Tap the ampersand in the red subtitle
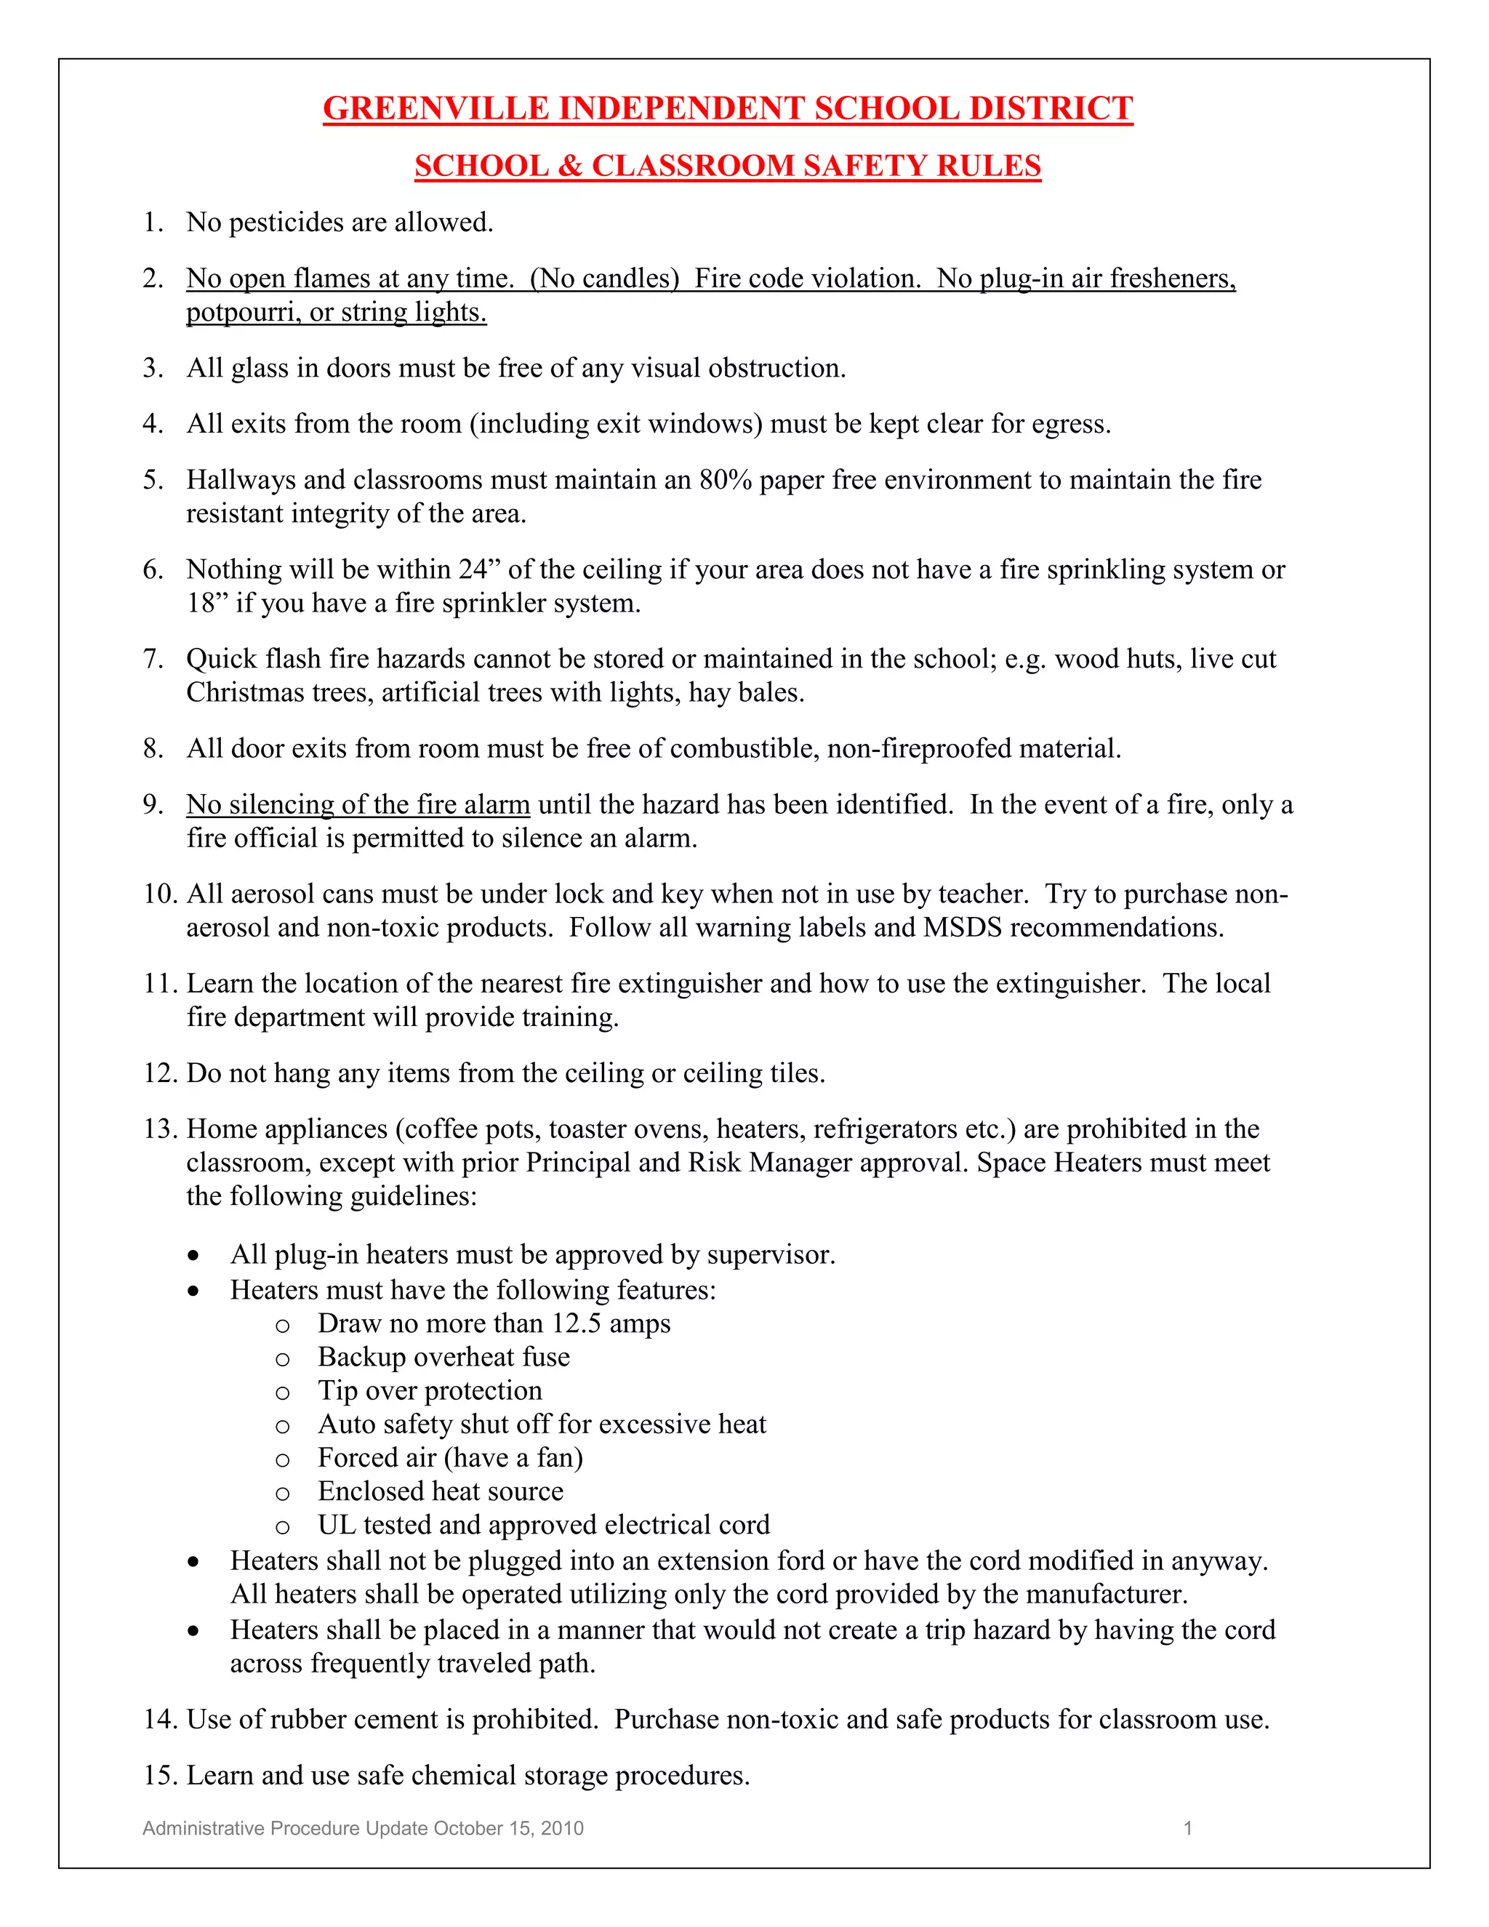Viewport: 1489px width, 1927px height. pos(570,166)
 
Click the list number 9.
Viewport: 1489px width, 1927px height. pos(152,805)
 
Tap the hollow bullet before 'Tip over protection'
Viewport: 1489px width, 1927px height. pos(282,1393)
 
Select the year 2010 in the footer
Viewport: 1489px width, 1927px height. pos(562,1828)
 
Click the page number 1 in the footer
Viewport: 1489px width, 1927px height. pos(1187,1828)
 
